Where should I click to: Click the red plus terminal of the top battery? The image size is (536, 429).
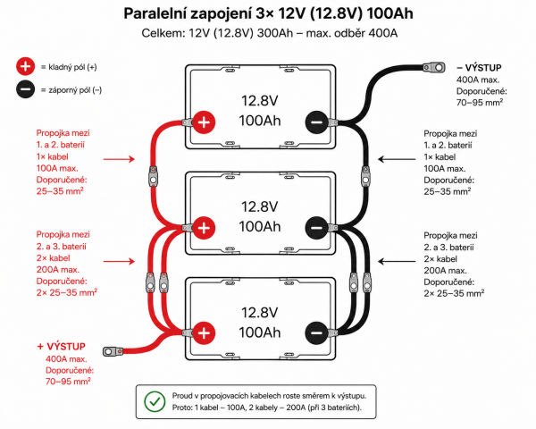(x=204, y=122)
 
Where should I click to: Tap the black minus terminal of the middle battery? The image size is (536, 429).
(x=316, y=228)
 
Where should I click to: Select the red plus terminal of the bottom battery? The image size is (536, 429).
(x=204, y=332)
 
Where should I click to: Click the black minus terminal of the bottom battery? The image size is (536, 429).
(x=316, y=332)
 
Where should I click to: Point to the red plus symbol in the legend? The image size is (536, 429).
(x=25, y=66)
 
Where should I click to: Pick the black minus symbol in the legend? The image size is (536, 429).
(x=25, y=89)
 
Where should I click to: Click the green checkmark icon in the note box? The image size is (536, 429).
(x=155, y=401)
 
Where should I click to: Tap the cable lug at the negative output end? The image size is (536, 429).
(x=434, y=67)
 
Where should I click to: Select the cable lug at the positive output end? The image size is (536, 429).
(x=113, y=351)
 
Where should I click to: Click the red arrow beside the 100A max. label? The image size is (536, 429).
(x=119, y=159)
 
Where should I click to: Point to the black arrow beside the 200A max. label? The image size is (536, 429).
(x=397, y=261)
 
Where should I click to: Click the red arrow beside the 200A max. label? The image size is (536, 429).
(x=119, y=261)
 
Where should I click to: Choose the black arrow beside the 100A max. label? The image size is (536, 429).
(x=397, y=159)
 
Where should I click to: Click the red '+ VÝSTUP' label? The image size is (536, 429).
(x=61, y=347)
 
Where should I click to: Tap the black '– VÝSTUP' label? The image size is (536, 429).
(x=479, y=68)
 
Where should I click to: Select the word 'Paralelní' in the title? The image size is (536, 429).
(x=155, y=13)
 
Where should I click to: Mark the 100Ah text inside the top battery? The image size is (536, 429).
(x=260, y=121)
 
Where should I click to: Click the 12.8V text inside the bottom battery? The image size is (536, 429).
(x=260, y=313)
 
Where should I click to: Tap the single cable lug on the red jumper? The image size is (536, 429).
(x=153, y=176)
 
